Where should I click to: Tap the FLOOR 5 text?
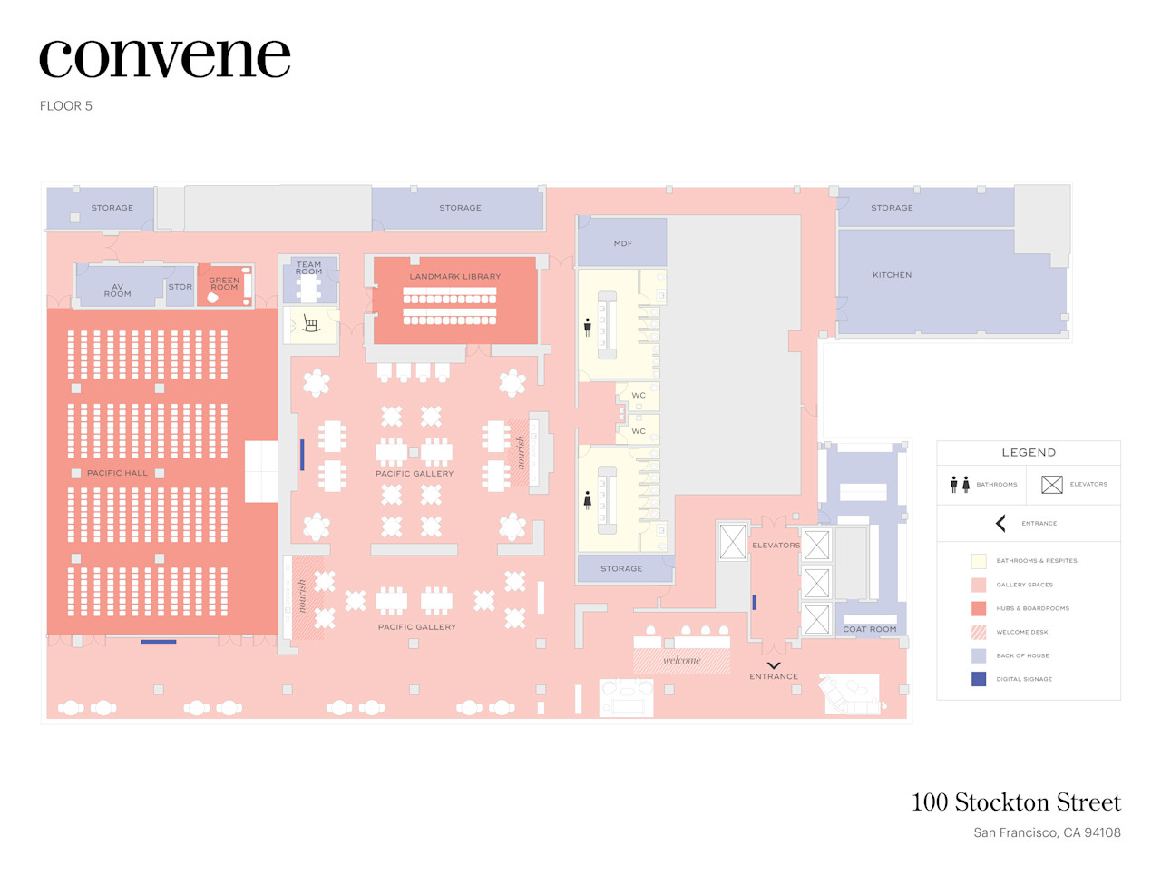[x=66, y=106]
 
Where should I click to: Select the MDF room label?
[x=623, y=243]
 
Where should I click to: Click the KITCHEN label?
[x=892, y=275]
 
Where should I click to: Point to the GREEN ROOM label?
[x=224, y=283]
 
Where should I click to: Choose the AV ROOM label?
[x=118, y=290]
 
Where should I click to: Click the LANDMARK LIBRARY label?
[x=454, y=277]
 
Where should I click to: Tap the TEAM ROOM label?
[x=308, y=268]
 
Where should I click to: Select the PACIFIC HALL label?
[x=117, y=473]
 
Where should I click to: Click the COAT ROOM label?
[x=869, y=629]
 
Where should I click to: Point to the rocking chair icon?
[x=310, y=324]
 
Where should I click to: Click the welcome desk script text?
[x=681, y=660]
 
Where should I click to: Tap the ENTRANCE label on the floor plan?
[x=774, y=676]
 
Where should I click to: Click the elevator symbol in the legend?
[x=1051, y=485]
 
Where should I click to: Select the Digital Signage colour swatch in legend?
[x=979, y=679]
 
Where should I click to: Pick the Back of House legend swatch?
[x=979, y=655]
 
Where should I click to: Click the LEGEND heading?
[x=1029, y=452]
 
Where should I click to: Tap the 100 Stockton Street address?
[x=1016, y=802]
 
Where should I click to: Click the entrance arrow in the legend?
[x=1000, y=523]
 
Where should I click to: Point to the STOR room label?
[x=180, y=287]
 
